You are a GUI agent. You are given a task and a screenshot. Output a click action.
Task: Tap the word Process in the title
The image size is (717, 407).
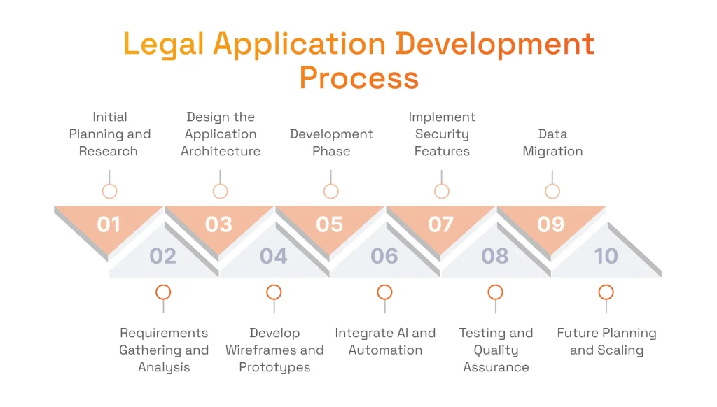click(x=358, y=78)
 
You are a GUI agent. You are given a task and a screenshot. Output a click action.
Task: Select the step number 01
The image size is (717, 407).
click(x=109, y=224)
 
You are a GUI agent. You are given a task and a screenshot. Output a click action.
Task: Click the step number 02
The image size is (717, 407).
click(x=163, y=256)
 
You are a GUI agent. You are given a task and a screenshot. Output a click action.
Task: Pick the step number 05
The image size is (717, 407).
click(x=330, y=224)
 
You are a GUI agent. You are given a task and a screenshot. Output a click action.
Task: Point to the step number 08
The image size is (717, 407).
click(x=495, y=256)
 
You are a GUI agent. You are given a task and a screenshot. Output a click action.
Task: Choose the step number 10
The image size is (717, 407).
click(x=606, y=256)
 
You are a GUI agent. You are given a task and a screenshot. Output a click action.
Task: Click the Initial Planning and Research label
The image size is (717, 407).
click(x=109, y=134)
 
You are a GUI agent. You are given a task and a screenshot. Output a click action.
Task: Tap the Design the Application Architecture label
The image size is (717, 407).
click(x=221, y=134)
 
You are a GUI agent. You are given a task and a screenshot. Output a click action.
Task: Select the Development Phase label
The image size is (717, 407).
click(x=331, y=143)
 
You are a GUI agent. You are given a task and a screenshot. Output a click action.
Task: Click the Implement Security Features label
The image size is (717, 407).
click(x=442, y=134)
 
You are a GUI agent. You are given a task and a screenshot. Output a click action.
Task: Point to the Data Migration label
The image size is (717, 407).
click(x=552, y=143)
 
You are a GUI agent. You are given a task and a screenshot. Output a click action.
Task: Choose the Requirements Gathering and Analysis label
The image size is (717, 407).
click(x=164, y=350)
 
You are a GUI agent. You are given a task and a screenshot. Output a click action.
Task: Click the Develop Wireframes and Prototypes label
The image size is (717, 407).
click(x=274, y=350)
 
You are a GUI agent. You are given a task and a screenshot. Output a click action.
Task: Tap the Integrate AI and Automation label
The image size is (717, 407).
click(x=385, y=341)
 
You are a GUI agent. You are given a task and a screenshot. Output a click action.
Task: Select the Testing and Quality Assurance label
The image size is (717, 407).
click(x=496, y=350)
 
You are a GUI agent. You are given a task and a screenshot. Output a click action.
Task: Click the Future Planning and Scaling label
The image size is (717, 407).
click(x=606, y=341)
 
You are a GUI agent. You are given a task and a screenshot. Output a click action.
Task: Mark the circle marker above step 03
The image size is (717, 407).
click(x=221, y=191)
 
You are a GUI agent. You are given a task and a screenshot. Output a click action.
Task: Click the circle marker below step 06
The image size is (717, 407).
click(x=384, y=292)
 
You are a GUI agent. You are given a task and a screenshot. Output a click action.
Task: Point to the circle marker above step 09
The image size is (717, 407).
click(x=552, y=191)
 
